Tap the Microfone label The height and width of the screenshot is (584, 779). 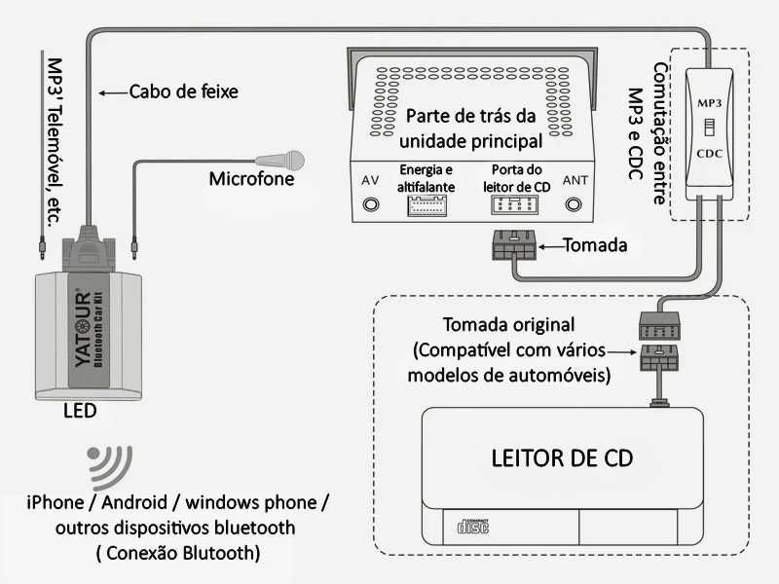[x=250, y=179]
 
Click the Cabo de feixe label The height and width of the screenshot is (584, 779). [x=183, y=92]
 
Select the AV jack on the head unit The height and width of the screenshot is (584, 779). [x=370, y=204]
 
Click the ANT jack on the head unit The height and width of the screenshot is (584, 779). [x=575, y=204]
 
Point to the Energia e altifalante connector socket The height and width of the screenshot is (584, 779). [x=427, y=205]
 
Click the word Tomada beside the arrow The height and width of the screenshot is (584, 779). [x=595, y=245]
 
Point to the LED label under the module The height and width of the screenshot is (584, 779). [x=80, y=411]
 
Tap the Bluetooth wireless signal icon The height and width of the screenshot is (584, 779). [x=109, y=467]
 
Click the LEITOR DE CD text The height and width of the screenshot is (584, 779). [x=562, y=458]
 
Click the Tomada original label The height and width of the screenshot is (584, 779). [x=508, y=324]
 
